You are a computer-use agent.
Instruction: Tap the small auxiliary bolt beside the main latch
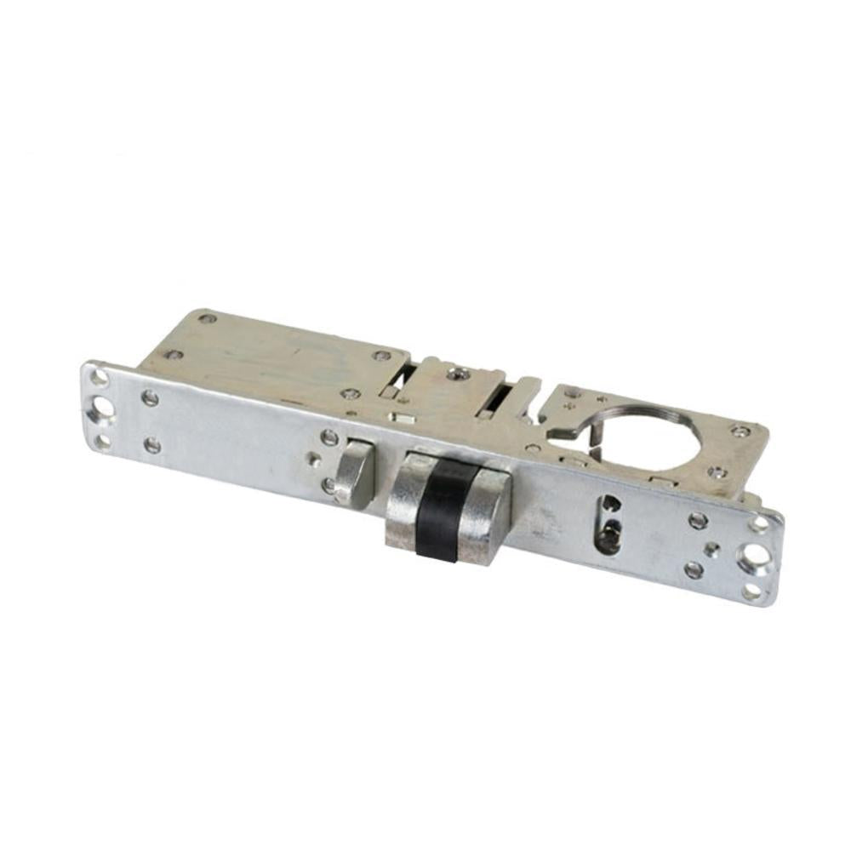353,472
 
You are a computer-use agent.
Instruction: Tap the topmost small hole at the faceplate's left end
100,375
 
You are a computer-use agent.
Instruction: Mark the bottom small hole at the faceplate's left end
103,440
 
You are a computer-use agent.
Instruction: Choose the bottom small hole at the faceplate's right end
752,590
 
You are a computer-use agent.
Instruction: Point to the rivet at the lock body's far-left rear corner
204,319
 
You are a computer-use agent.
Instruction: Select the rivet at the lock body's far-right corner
743,431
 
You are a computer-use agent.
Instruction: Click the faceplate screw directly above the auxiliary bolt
330,438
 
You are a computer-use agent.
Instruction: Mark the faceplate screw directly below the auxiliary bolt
328,487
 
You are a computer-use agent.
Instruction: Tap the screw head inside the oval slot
608,536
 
